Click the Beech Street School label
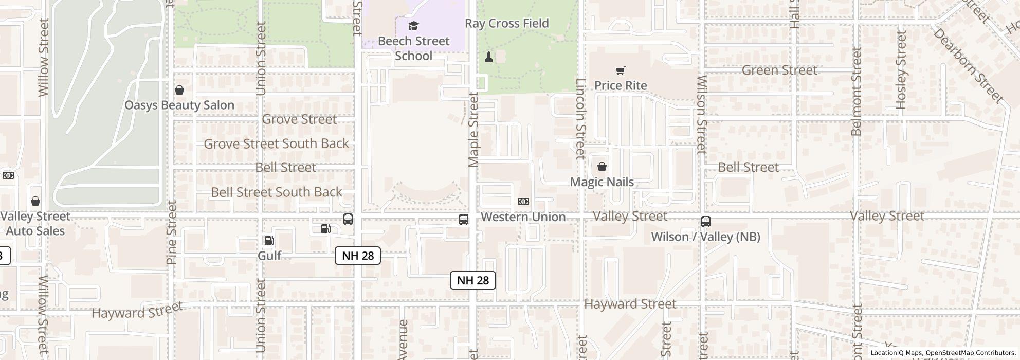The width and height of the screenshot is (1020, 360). tap(413, 48)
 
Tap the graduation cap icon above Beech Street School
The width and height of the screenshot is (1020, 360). tap(413, 26)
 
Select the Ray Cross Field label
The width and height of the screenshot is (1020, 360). tap(506, 24)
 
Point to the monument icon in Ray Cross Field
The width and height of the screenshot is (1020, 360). tap(489, 57)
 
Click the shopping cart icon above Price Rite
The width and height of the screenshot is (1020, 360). tap(621, 70)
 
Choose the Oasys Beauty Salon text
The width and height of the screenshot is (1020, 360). tap(179, 105)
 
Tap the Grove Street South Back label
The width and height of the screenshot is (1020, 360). tap(276, 144)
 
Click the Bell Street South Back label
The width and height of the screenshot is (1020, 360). tap(276, 192)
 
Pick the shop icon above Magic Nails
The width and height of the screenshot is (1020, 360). tap(602, 167)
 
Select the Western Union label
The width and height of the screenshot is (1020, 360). tap(523, 217)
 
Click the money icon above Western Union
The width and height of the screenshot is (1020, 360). tap(523, 202)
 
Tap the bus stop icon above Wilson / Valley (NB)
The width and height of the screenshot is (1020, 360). tap(705, 222)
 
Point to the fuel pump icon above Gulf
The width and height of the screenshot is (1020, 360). tap(269, 241)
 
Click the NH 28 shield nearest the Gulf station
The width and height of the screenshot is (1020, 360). tap(358, 256)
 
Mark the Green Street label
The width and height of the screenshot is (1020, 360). tap(779, 70)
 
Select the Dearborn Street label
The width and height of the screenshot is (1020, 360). tap(968, 65)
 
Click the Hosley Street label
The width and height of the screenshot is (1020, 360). tap(901, 69)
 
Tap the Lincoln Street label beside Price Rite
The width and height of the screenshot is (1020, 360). tap(580, 118)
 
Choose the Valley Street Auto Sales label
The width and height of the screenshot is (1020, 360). tap(35, 224)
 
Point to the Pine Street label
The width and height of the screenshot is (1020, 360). tap(172, 232)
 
